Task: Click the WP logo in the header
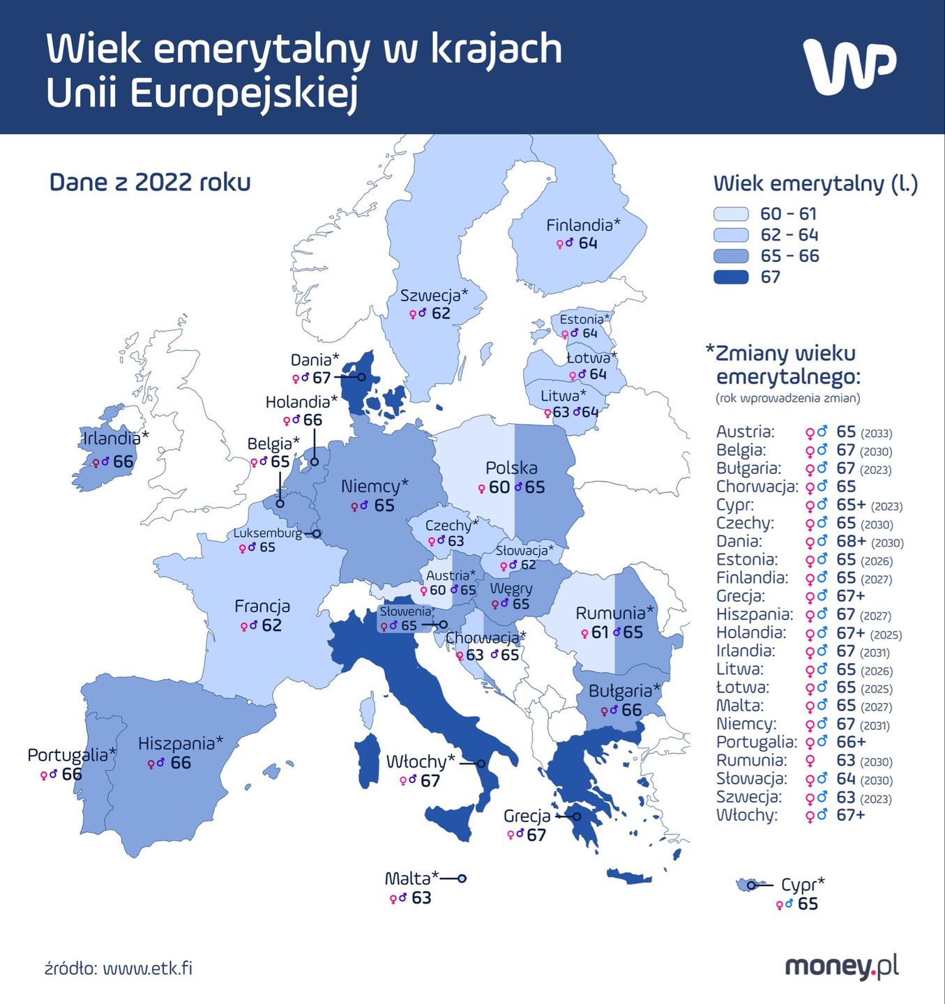849,66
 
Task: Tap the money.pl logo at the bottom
842,967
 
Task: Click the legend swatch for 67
731,277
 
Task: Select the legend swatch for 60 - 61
731,214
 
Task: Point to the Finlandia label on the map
582,225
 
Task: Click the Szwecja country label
433,296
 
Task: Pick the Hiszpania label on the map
180,743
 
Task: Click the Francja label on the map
262,607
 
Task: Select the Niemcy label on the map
374,486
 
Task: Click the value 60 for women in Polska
499,487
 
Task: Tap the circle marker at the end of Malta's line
462,878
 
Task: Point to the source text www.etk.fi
147,968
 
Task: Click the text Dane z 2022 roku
150,183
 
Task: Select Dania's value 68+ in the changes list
851,542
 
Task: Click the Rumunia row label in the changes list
741,761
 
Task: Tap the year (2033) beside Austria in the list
876,434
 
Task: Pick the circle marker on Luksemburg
317,533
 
